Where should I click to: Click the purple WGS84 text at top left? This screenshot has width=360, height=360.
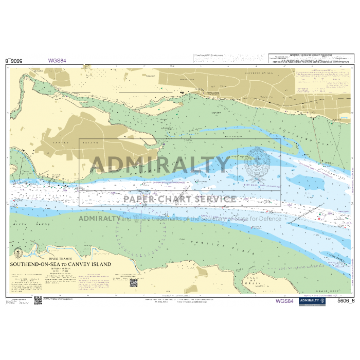(57, 60)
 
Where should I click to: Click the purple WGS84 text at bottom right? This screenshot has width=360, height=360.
(284, 301)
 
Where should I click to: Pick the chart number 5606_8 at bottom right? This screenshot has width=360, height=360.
(343, 301)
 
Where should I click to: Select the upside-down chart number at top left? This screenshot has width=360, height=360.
(14, 60)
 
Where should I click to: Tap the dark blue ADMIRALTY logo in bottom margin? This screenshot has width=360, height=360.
(313, 301)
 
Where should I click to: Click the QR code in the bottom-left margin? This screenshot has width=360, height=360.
(38, 300)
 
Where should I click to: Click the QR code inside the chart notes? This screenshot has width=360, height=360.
(133, 283)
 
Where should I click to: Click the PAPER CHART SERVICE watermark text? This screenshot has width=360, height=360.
(179, 199)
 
